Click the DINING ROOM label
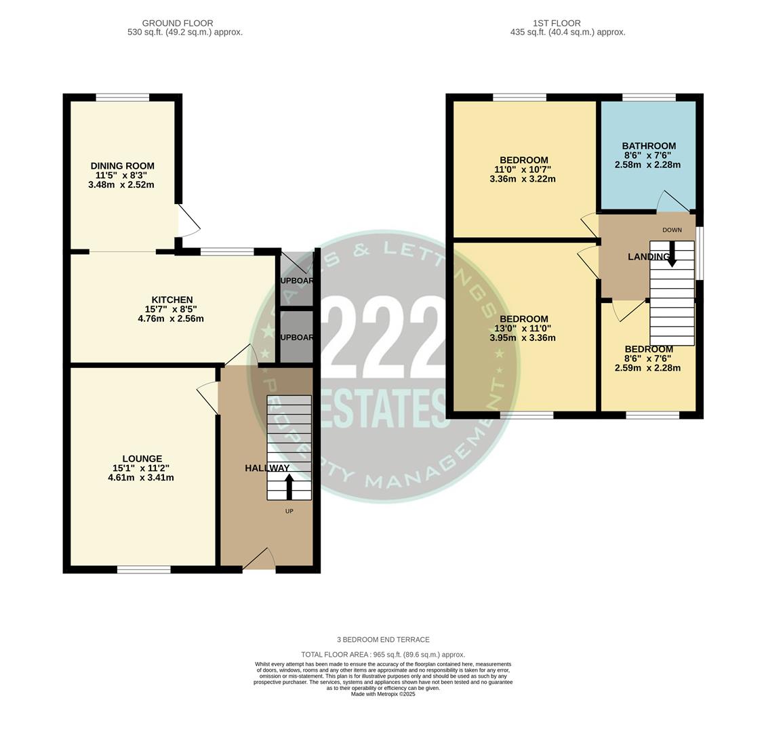point(122,166)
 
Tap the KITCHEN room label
point(172,300)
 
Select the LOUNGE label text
point(142,459)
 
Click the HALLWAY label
point(266,468)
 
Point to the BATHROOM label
point(648,146)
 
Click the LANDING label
point(648,257)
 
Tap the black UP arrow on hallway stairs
point(289,487)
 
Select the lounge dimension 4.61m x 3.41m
point(141,477)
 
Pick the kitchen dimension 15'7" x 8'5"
point(172,309)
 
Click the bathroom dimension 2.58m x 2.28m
point(647,165)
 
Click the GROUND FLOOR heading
point(178,23)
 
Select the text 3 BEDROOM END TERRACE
point(383,639)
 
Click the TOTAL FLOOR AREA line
point(383,655)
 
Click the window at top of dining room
point(123,98)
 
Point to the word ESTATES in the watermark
point(383,408)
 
